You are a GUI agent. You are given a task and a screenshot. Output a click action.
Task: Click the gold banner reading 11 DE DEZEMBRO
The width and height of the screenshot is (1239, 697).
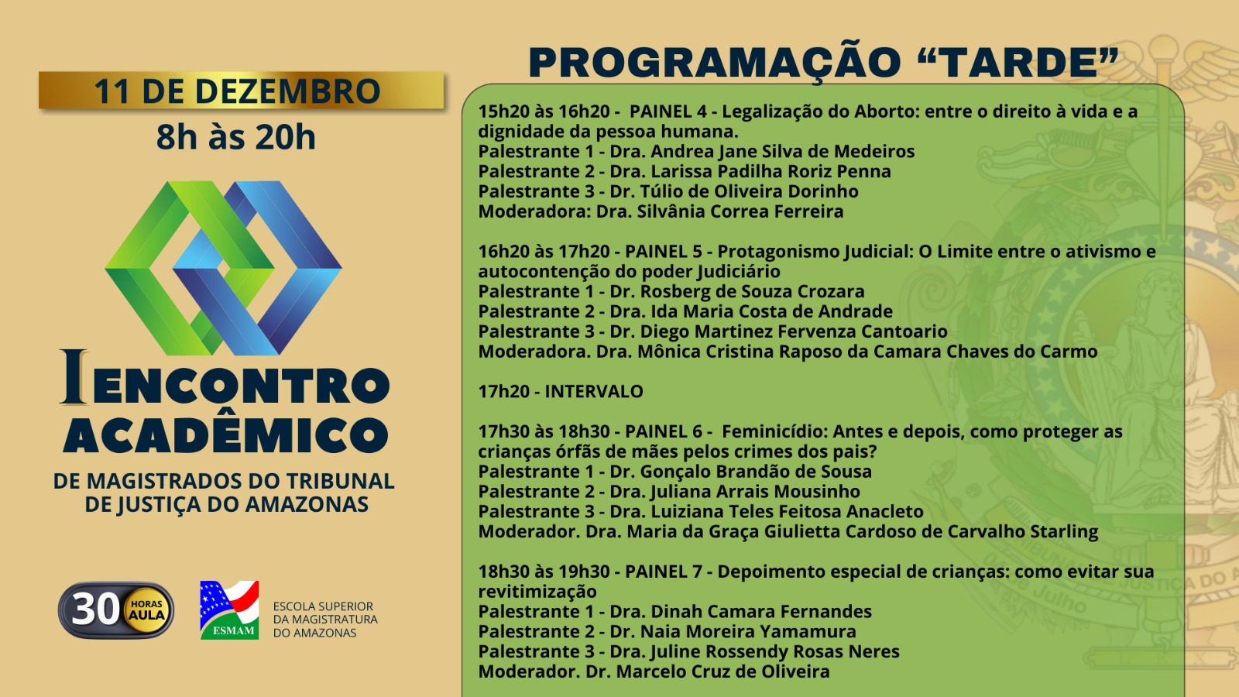[x=241, y=90]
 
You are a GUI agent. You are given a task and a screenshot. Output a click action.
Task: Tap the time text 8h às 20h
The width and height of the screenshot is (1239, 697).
[x=236, y=137]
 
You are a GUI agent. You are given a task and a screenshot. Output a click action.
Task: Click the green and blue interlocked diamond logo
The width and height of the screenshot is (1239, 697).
[x=224, y=268]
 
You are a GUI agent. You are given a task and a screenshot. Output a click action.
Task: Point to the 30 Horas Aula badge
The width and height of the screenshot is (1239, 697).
[x=116, y=610]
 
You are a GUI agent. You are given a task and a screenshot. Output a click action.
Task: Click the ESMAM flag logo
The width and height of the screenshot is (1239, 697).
[x=229, y=610]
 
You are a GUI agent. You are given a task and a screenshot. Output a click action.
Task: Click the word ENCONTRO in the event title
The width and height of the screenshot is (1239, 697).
[x=242, y=385]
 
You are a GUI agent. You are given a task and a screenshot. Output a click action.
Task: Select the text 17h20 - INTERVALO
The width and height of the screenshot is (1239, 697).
[x=561, y=392]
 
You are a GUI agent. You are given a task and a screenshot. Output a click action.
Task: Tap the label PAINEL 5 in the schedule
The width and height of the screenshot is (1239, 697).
[x=663, y=252]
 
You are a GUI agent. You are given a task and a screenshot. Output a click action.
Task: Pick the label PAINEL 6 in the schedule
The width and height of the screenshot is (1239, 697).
[x=663, y=431]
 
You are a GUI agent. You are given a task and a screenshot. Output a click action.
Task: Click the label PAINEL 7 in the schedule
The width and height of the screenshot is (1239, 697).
[x=663, y=572]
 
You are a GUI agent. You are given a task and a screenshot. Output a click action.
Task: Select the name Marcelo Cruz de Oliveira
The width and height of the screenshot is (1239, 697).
[x=723, y=671]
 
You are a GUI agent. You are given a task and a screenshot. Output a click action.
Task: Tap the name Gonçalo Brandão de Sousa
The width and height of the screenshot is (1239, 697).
[x=756, y=472]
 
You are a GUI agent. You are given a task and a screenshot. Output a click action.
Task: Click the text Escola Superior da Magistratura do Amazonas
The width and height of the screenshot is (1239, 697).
[x=325, y=620]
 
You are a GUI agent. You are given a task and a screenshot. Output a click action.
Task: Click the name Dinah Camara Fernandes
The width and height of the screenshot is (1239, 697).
[x=761, y=612]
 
